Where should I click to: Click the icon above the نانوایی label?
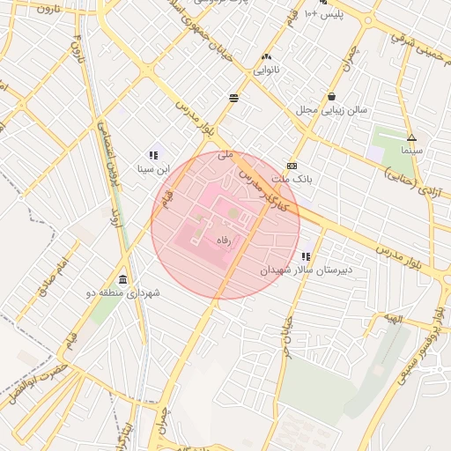(x=266, y=57)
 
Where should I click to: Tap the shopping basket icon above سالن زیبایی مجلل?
(x=331, y=97)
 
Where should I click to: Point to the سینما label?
(x=411, y=151)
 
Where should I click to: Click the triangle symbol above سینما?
(x=411, y=137)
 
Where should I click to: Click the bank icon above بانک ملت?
(x=292, y=166)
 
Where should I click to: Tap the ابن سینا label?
(x=152, y=167)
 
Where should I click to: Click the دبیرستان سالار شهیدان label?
(x=306, y=270)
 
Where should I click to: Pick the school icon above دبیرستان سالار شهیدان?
(x=306, y=256)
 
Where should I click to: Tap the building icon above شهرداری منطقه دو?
(x=122, y=279)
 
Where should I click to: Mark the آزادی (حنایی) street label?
(x=414, y=177)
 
